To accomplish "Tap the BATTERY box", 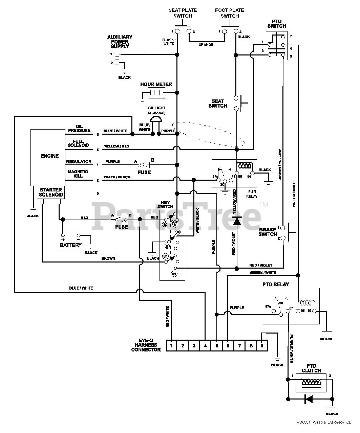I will pos(70,241).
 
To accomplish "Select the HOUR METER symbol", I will pos(156,93).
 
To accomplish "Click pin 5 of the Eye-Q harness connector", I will pos(217,345).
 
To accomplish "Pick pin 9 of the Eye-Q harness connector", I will pos(262,345).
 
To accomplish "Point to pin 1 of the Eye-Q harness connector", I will pos(172,345).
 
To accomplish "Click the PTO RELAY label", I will pos(276,284).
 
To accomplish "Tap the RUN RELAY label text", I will pos(252,193).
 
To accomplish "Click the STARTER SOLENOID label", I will pos(51,192).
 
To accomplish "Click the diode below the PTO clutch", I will pos(308,399).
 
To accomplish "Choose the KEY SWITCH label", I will pos(165,204).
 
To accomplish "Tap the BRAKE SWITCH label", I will pos(268,232).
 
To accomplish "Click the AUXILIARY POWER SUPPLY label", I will pos(120,42).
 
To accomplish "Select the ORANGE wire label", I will pos(206,45).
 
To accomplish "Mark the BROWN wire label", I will pos(108,258).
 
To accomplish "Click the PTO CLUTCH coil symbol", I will pos(311,383).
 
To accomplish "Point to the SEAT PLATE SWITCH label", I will pos(183,13).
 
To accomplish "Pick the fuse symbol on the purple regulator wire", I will pos(144,165).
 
